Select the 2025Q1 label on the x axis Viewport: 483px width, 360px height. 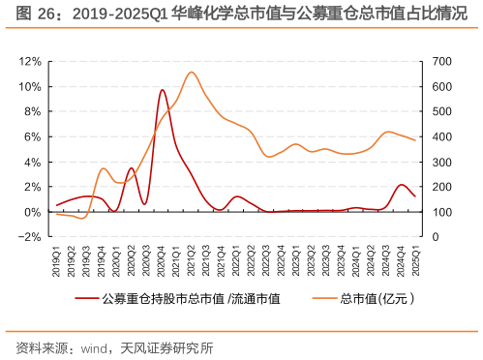pyautogui.click(x=415, y=258)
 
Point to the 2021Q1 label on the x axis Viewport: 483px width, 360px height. pyautogui.click(x=176, y=258)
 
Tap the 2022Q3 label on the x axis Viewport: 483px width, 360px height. pyautogui.click(x=266, y=258)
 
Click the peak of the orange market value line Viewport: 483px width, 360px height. pyautogui.click(x=192, y=72)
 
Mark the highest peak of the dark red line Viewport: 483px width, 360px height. pyautogui.click(x=162, y=90)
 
